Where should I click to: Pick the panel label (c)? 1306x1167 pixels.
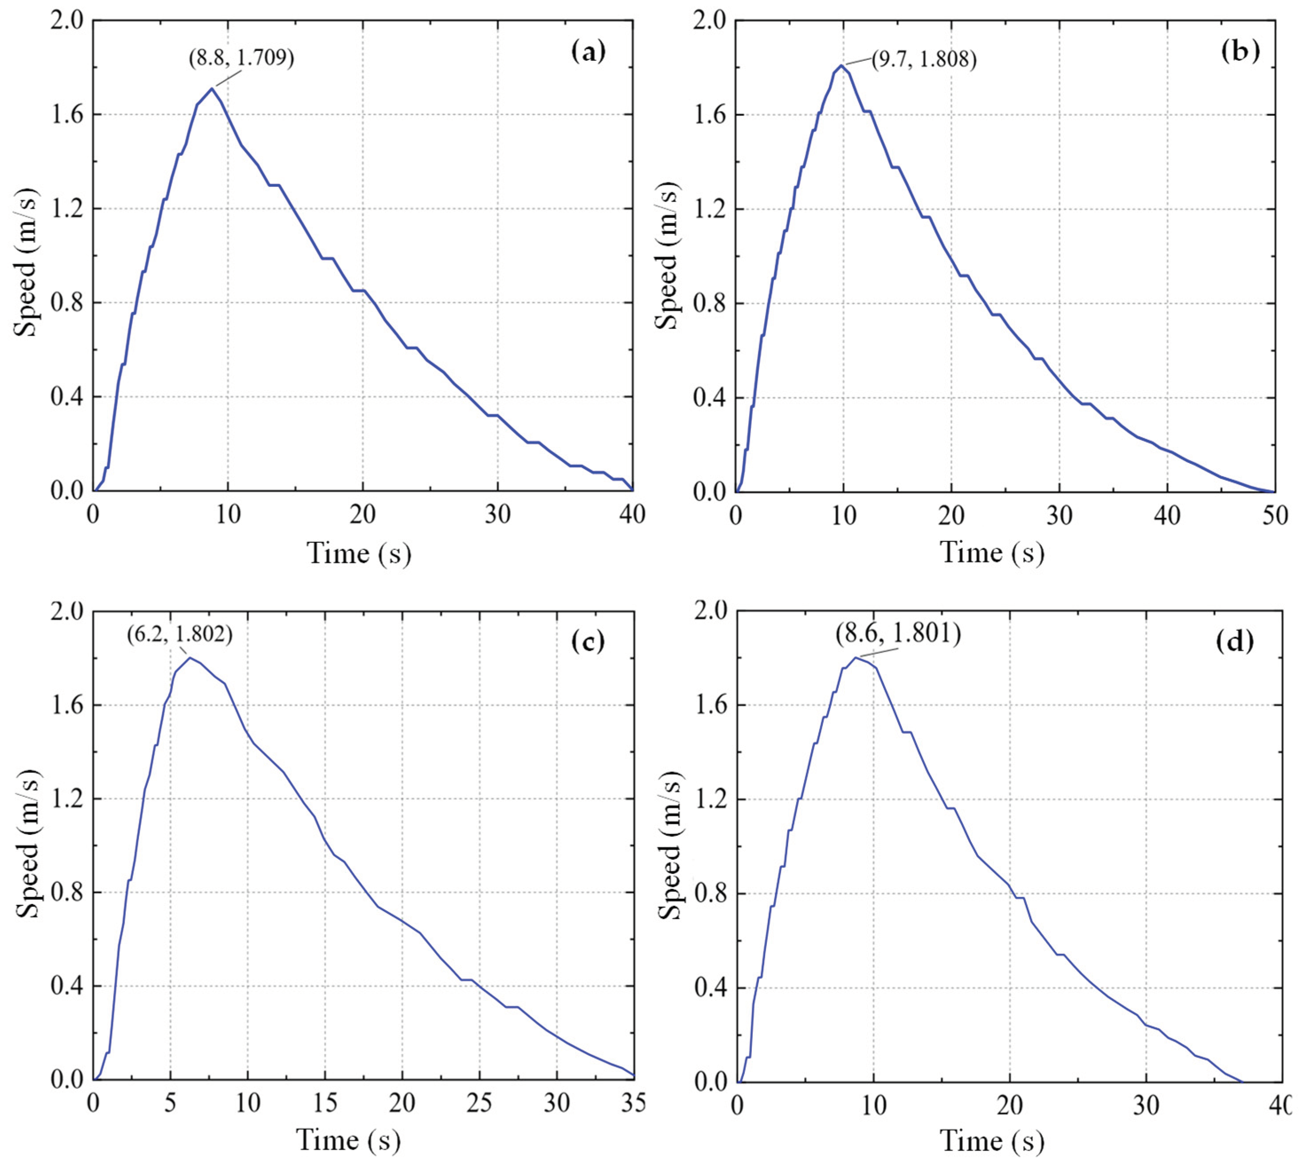588,641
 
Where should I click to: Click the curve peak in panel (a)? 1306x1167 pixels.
211,89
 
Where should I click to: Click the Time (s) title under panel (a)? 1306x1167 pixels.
359,553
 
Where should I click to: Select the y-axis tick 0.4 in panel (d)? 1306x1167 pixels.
710,988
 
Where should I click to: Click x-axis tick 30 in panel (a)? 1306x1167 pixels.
497,514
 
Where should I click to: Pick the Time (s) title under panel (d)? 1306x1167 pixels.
993,1141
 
